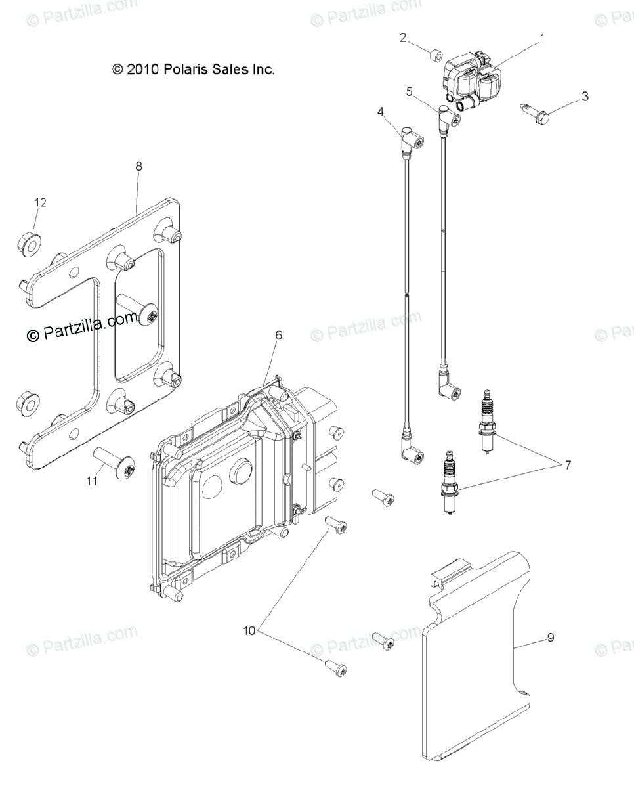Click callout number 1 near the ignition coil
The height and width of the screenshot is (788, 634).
click(542, 39)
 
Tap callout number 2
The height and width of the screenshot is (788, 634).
click(403, 37)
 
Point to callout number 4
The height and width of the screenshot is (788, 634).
click(381, 112)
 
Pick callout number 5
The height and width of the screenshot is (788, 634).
click(409, 92)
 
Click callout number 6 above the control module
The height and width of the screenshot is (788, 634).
click(279, 335)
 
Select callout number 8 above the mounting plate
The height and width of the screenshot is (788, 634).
click(138, 166)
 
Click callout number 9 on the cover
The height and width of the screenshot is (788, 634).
click(550, 637)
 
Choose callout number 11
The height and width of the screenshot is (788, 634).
click(92, 481)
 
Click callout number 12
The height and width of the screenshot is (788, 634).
click(40, 203)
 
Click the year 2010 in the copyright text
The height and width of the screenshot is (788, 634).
click(141, 69)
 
